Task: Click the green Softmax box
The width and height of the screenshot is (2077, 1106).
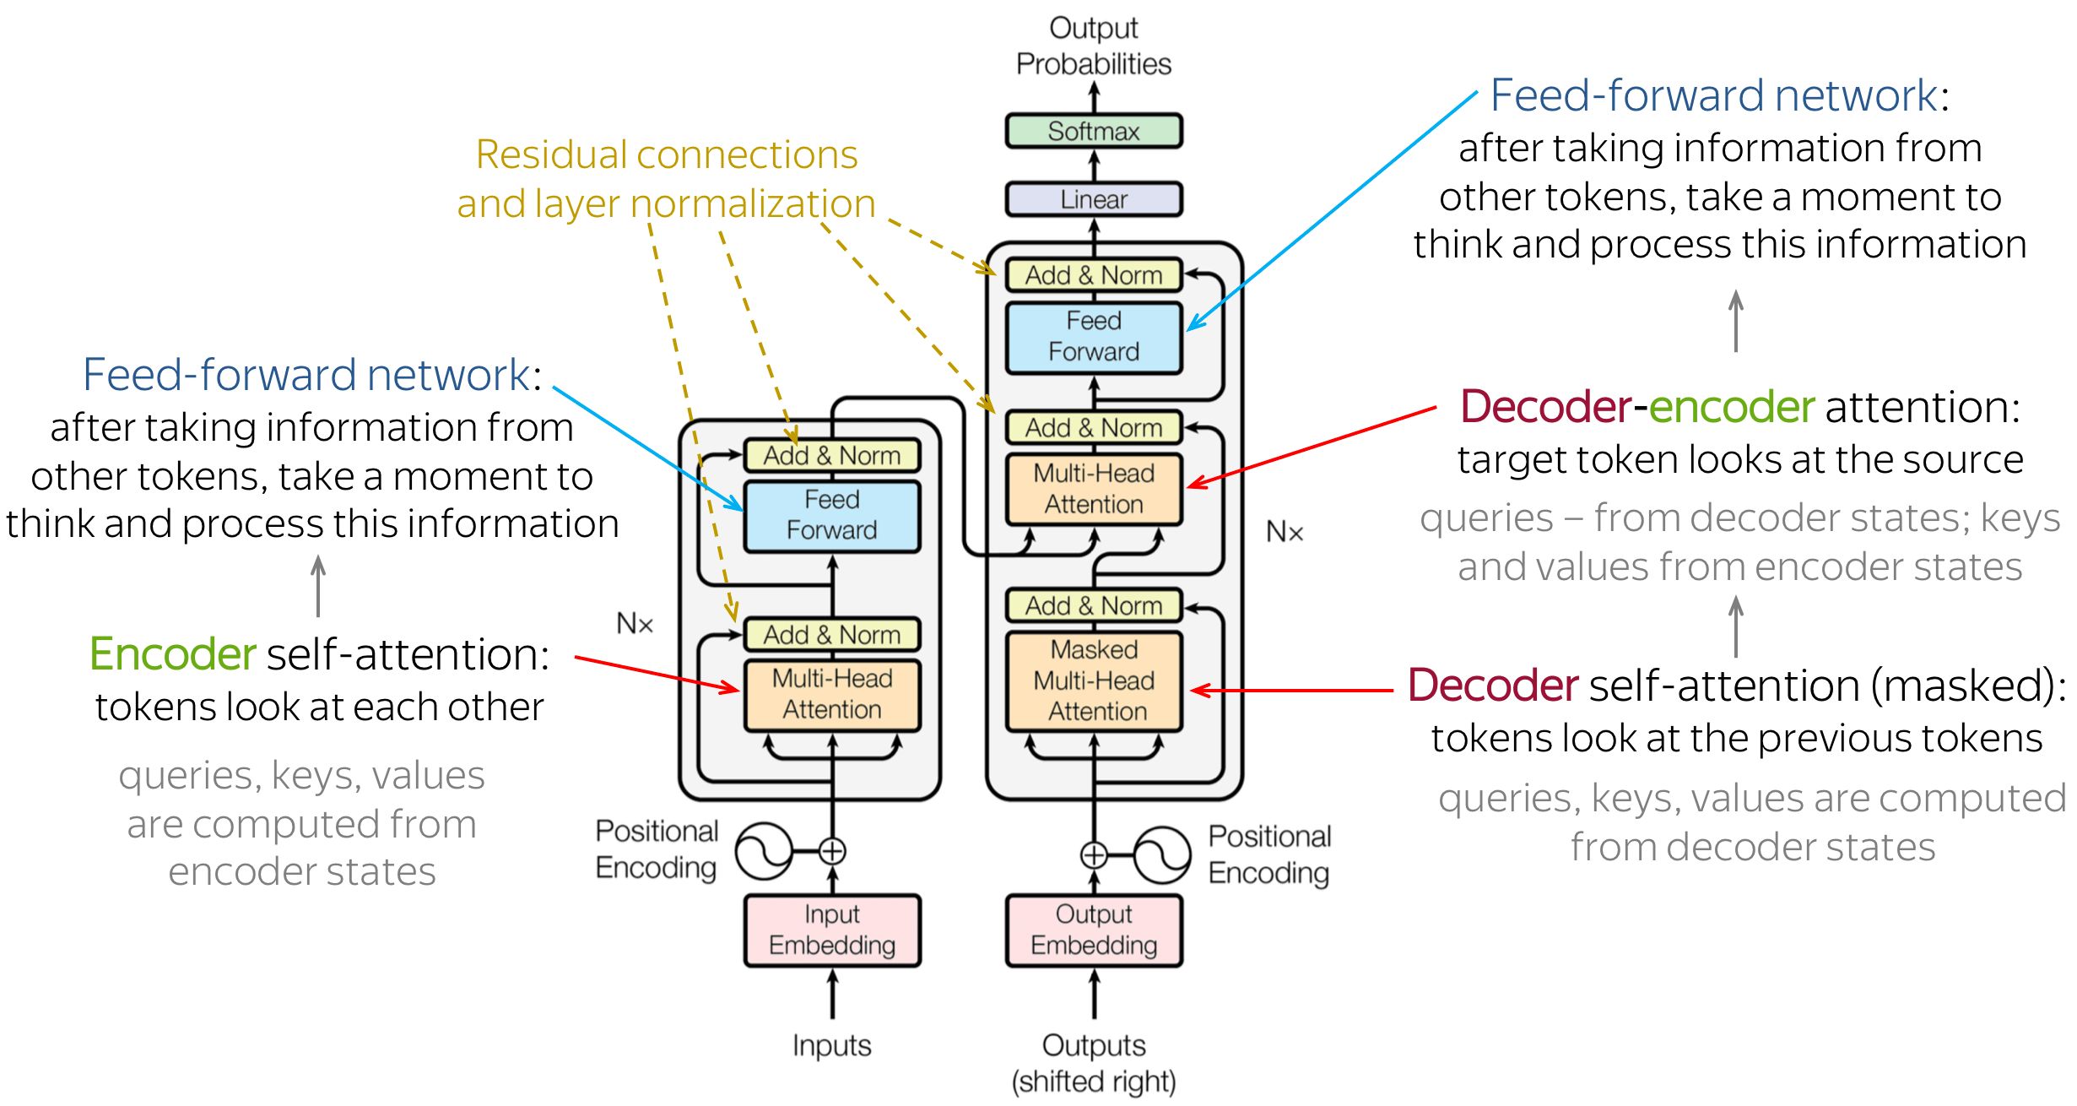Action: click(1093, 131)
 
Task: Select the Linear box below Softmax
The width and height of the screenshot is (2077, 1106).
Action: click(1093, 199)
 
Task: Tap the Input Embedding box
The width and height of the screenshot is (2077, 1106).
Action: click(831, 930)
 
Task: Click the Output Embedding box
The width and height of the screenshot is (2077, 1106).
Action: click(1094, 930)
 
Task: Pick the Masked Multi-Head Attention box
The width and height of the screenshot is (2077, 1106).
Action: click(1094, 680)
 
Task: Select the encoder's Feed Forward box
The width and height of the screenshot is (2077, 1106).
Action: click(831, 515)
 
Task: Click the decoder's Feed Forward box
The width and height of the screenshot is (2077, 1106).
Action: click(1094, 337)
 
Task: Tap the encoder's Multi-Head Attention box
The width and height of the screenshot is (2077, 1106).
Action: click(831, 694)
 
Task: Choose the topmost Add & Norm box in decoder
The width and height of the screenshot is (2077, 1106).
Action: click(1094, 275)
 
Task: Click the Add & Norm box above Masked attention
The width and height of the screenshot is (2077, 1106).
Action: click(1094, 605)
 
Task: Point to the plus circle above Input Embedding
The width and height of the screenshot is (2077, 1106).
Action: click(832, 851)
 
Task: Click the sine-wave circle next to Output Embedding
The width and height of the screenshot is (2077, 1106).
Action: click(1162, 854)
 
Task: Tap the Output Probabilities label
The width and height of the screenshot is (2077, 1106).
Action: click(1094, 46)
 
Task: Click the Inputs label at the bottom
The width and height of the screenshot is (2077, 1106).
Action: click(831, 1045)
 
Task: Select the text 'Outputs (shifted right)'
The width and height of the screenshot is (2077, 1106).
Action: click(1094, 1063)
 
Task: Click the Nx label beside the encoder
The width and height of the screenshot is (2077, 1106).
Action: click(635, 624)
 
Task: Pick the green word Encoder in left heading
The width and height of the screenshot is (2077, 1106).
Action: click(172, 654)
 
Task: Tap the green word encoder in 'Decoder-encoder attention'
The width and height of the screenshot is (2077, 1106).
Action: click(1731, 407)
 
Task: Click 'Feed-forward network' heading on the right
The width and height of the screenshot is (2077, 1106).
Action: click(1713, 95)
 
